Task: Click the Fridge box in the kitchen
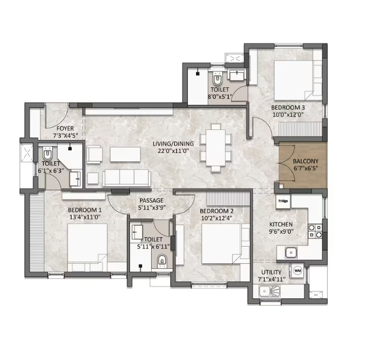click(283, 201)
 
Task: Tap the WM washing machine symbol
click(297, 270)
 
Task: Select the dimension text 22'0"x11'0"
click(174, 151)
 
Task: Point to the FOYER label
click(65, 129)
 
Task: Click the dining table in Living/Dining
click(216, 148)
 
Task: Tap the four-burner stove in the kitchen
click(315, 231)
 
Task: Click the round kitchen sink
click(291, 253)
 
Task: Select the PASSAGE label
click(152, 200)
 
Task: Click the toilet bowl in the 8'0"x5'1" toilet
click(217, 78)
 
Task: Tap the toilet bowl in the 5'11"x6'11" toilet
click(162, 260)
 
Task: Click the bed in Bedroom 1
click(87, 247)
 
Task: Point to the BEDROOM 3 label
click(288, 107)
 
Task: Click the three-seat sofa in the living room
click(127, 178)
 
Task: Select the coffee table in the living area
click(125, 154)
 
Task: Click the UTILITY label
click(271, 272)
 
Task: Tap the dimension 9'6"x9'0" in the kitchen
click(281, 231)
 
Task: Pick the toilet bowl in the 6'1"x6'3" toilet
click(47, 154)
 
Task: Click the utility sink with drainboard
click(270, 291)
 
